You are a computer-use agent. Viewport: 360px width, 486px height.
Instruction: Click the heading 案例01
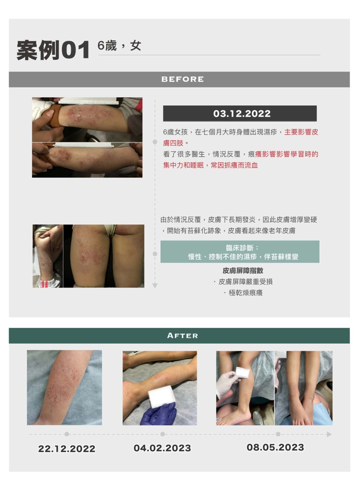53,50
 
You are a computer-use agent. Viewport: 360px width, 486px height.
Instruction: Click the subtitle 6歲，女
119,46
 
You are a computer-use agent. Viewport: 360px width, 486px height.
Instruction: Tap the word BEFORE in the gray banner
183,79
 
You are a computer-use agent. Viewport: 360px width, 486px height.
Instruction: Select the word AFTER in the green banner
183,335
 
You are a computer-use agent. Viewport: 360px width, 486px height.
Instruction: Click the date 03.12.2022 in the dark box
242,114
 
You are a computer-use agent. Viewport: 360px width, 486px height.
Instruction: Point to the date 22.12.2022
67,449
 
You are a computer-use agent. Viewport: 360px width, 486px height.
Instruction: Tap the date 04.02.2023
162,448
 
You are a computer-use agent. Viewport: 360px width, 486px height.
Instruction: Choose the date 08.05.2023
275,447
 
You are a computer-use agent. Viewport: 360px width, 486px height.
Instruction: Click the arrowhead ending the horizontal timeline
329,434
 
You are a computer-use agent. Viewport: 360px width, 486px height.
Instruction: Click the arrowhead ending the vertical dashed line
155,285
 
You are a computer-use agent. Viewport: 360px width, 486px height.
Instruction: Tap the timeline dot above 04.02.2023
163,434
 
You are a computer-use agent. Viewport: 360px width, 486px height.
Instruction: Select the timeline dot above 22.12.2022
67,434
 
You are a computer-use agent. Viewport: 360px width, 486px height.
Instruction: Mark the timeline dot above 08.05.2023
278,434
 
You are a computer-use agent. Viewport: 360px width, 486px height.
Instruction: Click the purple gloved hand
158,414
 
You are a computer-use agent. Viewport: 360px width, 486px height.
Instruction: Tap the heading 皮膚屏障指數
243,271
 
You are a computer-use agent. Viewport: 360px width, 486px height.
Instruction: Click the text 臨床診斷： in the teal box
242,248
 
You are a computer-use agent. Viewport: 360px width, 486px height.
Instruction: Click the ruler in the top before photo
89,101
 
